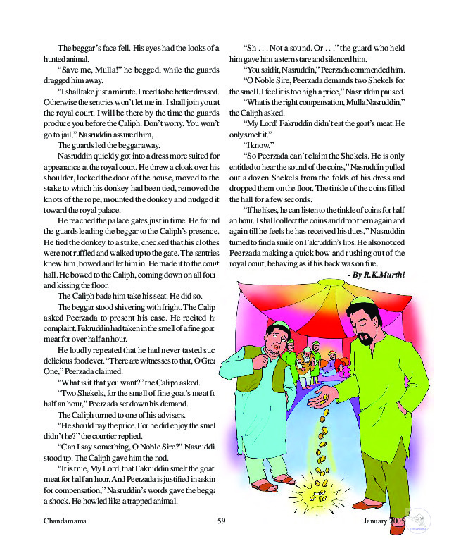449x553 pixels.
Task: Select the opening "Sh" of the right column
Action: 251,48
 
